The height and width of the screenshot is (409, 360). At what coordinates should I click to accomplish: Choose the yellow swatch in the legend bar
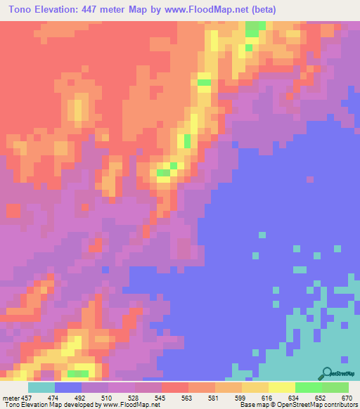click(255, 387)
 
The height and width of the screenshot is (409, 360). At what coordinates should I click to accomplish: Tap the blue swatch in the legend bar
click(68, 387)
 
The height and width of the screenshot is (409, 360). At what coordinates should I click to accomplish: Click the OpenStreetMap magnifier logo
click(327, 372)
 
